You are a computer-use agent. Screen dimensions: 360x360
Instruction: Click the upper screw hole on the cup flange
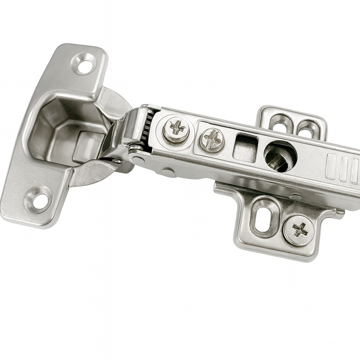click(85, 64)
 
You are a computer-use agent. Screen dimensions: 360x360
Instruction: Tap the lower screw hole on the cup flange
click(39, 200)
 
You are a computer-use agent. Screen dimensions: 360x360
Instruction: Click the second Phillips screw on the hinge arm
click(212, 140)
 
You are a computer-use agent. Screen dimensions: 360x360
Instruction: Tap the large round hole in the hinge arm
click(280, 156)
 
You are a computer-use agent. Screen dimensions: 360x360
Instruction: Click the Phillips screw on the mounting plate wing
click(299, 230)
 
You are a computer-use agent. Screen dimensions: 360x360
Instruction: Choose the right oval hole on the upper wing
click(306, 129)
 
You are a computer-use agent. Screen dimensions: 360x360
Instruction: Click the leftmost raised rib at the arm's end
click(331, 166)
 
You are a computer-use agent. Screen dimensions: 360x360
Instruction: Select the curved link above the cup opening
click(112, 102)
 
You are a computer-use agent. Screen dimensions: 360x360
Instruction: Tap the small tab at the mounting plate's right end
click(339, 212)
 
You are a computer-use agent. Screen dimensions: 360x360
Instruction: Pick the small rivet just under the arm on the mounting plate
click(295, 197)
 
